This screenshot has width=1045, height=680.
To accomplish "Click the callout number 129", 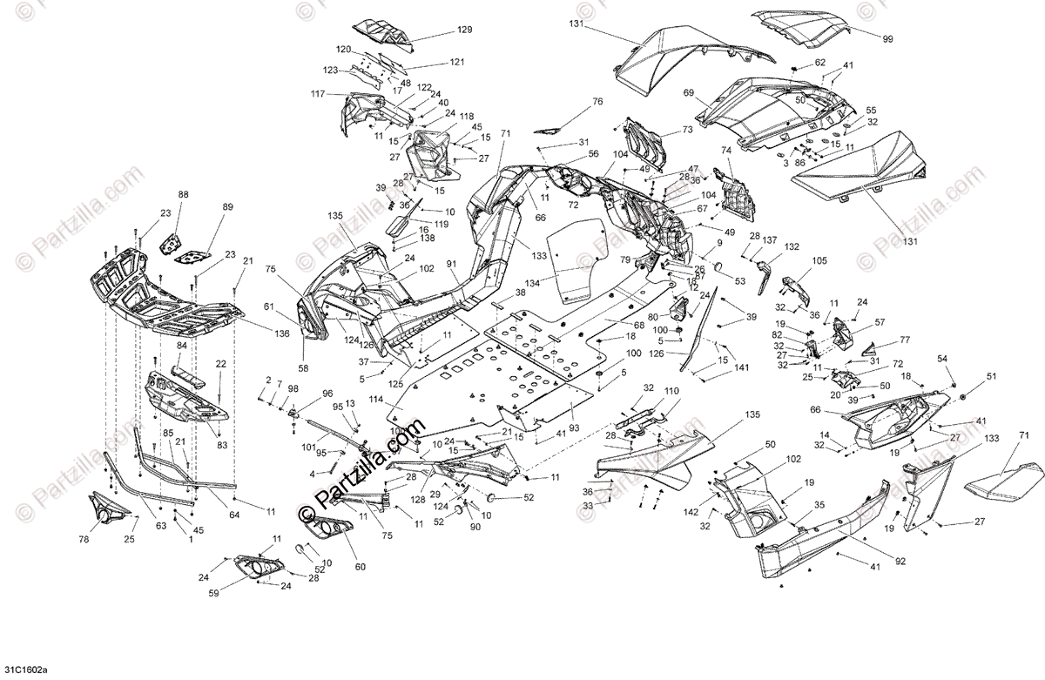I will [x=465, y=30].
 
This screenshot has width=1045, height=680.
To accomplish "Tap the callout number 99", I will [x=887, y=39].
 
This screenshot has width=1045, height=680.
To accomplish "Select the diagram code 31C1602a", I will [x=25, y=670].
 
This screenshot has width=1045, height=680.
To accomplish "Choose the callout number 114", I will [x=374, y=401].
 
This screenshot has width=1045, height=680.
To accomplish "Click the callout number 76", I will [x=597, y=102].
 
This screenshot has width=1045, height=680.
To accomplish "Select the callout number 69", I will [x=688, y=92].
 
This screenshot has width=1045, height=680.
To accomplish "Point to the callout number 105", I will [x=819, y=261].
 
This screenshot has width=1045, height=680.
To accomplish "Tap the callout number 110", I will [x=671, y=391].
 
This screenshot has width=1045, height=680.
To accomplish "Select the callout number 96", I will [x=327, y=393].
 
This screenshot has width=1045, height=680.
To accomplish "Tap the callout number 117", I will [x=318, y=93].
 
